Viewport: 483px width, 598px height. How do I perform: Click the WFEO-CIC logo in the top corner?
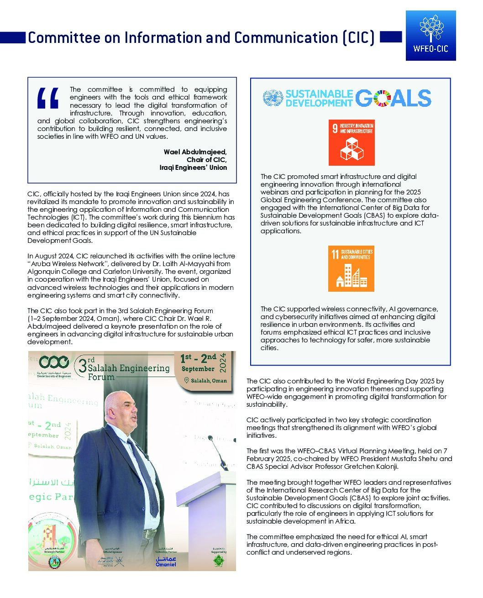pyautogui.click(x=430, y=35)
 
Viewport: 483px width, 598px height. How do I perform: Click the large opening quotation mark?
pyautogui.click(x=48, y=98)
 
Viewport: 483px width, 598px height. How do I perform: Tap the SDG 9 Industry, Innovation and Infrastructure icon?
pyautogui.click(x=352, y=142)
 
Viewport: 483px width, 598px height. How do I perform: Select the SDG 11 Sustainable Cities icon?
pyautogui.click(x=351, y=268)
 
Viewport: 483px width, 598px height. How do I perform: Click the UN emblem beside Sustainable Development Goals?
pyautogui.click(x=273, y=98)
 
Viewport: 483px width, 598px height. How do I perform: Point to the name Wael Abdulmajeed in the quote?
pyautogui.click(x=195, y=152)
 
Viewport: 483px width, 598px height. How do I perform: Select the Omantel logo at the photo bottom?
pyautogui.click(x=166, y=561)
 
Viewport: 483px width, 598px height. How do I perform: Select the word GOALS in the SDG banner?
pyautogui.click(x=393, y=98)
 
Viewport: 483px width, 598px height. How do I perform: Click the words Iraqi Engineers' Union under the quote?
pyautogui.click(x=193, y=168)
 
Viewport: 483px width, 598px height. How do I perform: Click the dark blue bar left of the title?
pyautogui.click(x=13, y=37)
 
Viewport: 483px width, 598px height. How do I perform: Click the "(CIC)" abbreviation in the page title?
pyautogui.click(x=358, y=38)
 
